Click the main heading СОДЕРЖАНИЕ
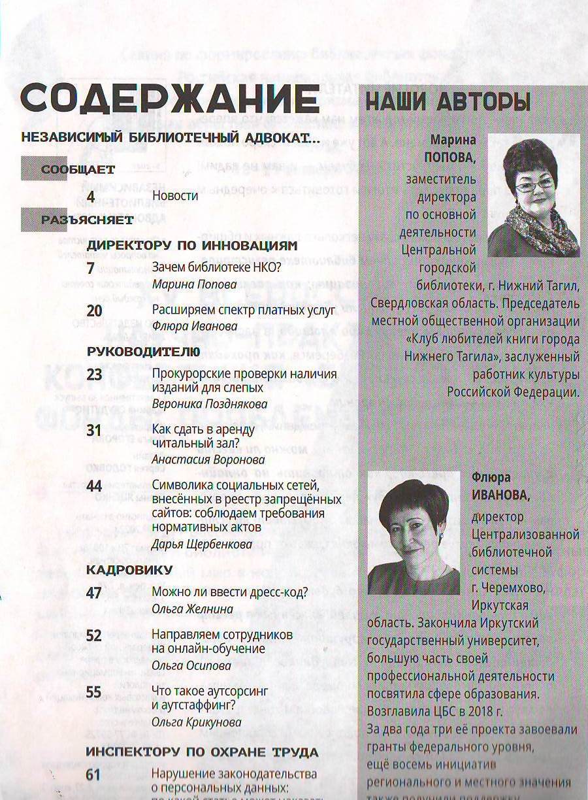point(170,99)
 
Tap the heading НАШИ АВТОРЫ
point(448,103)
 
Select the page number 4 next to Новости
point(91,196)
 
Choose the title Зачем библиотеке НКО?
point(198,268)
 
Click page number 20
point(95,310)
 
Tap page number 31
point(95,430)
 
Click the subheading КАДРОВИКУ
point(129,569)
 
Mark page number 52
point(95,635)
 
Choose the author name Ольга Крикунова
point(197,722)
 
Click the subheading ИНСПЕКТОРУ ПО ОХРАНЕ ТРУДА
point(203,752)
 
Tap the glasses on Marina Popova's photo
point(534,185)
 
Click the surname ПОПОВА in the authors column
point(450,158)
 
